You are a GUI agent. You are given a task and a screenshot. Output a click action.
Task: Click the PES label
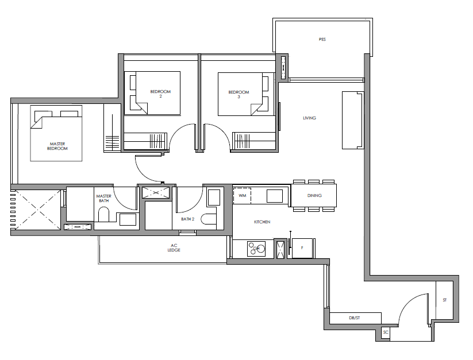pos(322,40)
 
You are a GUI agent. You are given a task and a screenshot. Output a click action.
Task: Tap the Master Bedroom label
pos(57,146)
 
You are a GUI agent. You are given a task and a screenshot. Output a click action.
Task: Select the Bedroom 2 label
pos(160,94)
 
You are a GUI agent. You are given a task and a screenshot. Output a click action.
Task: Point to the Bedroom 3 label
pos(239,94)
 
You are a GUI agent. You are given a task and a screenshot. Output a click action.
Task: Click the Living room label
pos(310,118)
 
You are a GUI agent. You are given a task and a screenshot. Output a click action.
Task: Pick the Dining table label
pos(314,196)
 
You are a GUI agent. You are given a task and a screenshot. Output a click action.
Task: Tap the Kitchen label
pos(262,222)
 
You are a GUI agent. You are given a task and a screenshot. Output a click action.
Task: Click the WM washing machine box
pos(242,196)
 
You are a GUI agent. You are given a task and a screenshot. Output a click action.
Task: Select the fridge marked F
pos(302,248)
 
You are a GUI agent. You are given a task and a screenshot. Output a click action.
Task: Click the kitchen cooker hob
pos(256,249)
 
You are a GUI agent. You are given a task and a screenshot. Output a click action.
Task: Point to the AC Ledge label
pos(174,247)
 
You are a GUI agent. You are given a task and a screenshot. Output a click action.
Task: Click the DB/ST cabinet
pos(355,318)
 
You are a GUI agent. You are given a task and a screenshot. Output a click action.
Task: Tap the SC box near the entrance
pos(386,332)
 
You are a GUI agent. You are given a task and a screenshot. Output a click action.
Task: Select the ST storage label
pos(445,300)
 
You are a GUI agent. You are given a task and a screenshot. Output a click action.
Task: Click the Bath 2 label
pos(187,219)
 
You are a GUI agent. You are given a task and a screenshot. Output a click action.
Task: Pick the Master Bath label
pos(104,198)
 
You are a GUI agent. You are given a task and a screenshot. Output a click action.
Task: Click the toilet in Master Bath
pos(104,214)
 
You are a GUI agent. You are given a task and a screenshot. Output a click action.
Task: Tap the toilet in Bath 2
pos(209,219)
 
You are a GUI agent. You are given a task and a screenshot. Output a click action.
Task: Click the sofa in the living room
pos(353,120)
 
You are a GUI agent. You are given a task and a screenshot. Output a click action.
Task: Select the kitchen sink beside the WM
pos(275,196)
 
